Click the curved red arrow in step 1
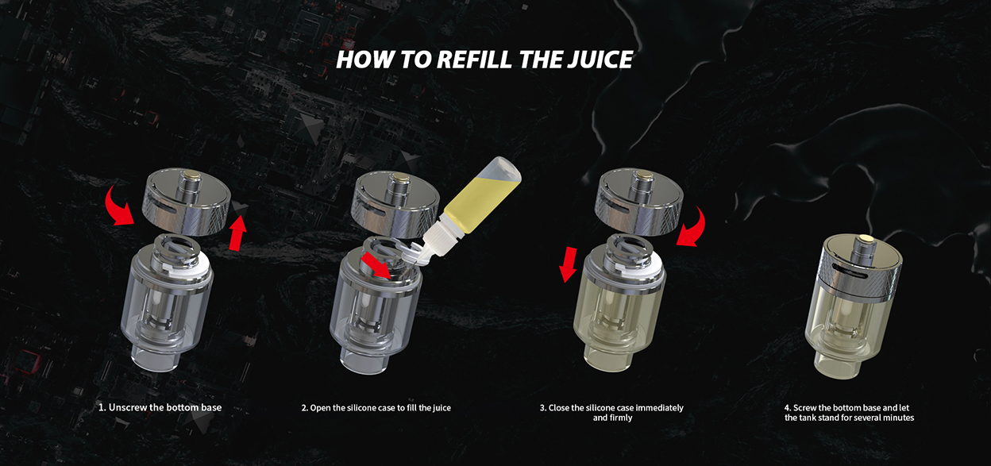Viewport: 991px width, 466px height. (121, 206)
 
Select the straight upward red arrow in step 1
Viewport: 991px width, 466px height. (237, 233)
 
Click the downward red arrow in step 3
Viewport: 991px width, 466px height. (568, 264)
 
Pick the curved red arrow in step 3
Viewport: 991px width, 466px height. (692, 226)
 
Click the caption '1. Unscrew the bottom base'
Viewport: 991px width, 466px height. (160, 407)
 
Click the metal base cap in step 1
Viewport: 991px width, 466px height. (186, 201)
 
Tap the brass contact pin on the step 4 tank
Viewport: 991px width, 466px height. (866, 238)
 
